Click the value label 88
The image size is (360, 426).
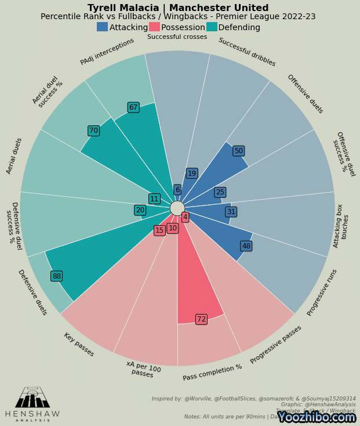[x=56, y=276]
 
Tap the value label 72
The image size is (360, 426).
[x=201, y=319]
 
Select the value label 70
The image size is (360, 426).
[x=93, y=131]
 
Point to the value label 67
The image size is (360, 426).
[x=133, y=107]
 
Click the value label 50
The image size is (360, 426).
[x=238, y=151]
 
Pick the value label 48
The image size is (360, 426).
[x=246, y=246]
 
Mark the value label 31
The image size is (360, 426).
[x=231, y=212]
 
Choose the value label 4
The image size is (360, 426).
[x=185, y=217]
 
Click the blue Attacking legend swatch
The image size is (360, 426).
[x=102, y=27]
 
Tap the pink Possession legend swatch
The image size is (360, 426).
[x=154, y=27]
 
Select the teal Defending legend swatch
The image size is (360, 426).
[x=212, y=27]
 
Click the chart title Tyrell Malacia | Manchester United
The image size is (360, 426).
[x=178, y=8]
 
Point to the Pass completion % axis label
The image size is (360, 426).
[x=213, y=373]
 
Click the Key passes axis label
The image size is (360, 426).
[x=79, y=345]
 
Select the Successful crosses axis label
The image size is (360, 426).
[x=177, y=37]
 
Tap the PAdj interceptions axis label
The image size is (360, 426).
[x=107, y=52]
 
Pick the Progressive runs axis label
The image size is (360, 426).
[x=322, y=293]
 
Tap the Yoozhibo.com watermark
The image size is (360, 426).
[x=316, y=417]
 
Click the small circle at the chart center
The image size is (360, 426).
[x=177, y=208]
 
